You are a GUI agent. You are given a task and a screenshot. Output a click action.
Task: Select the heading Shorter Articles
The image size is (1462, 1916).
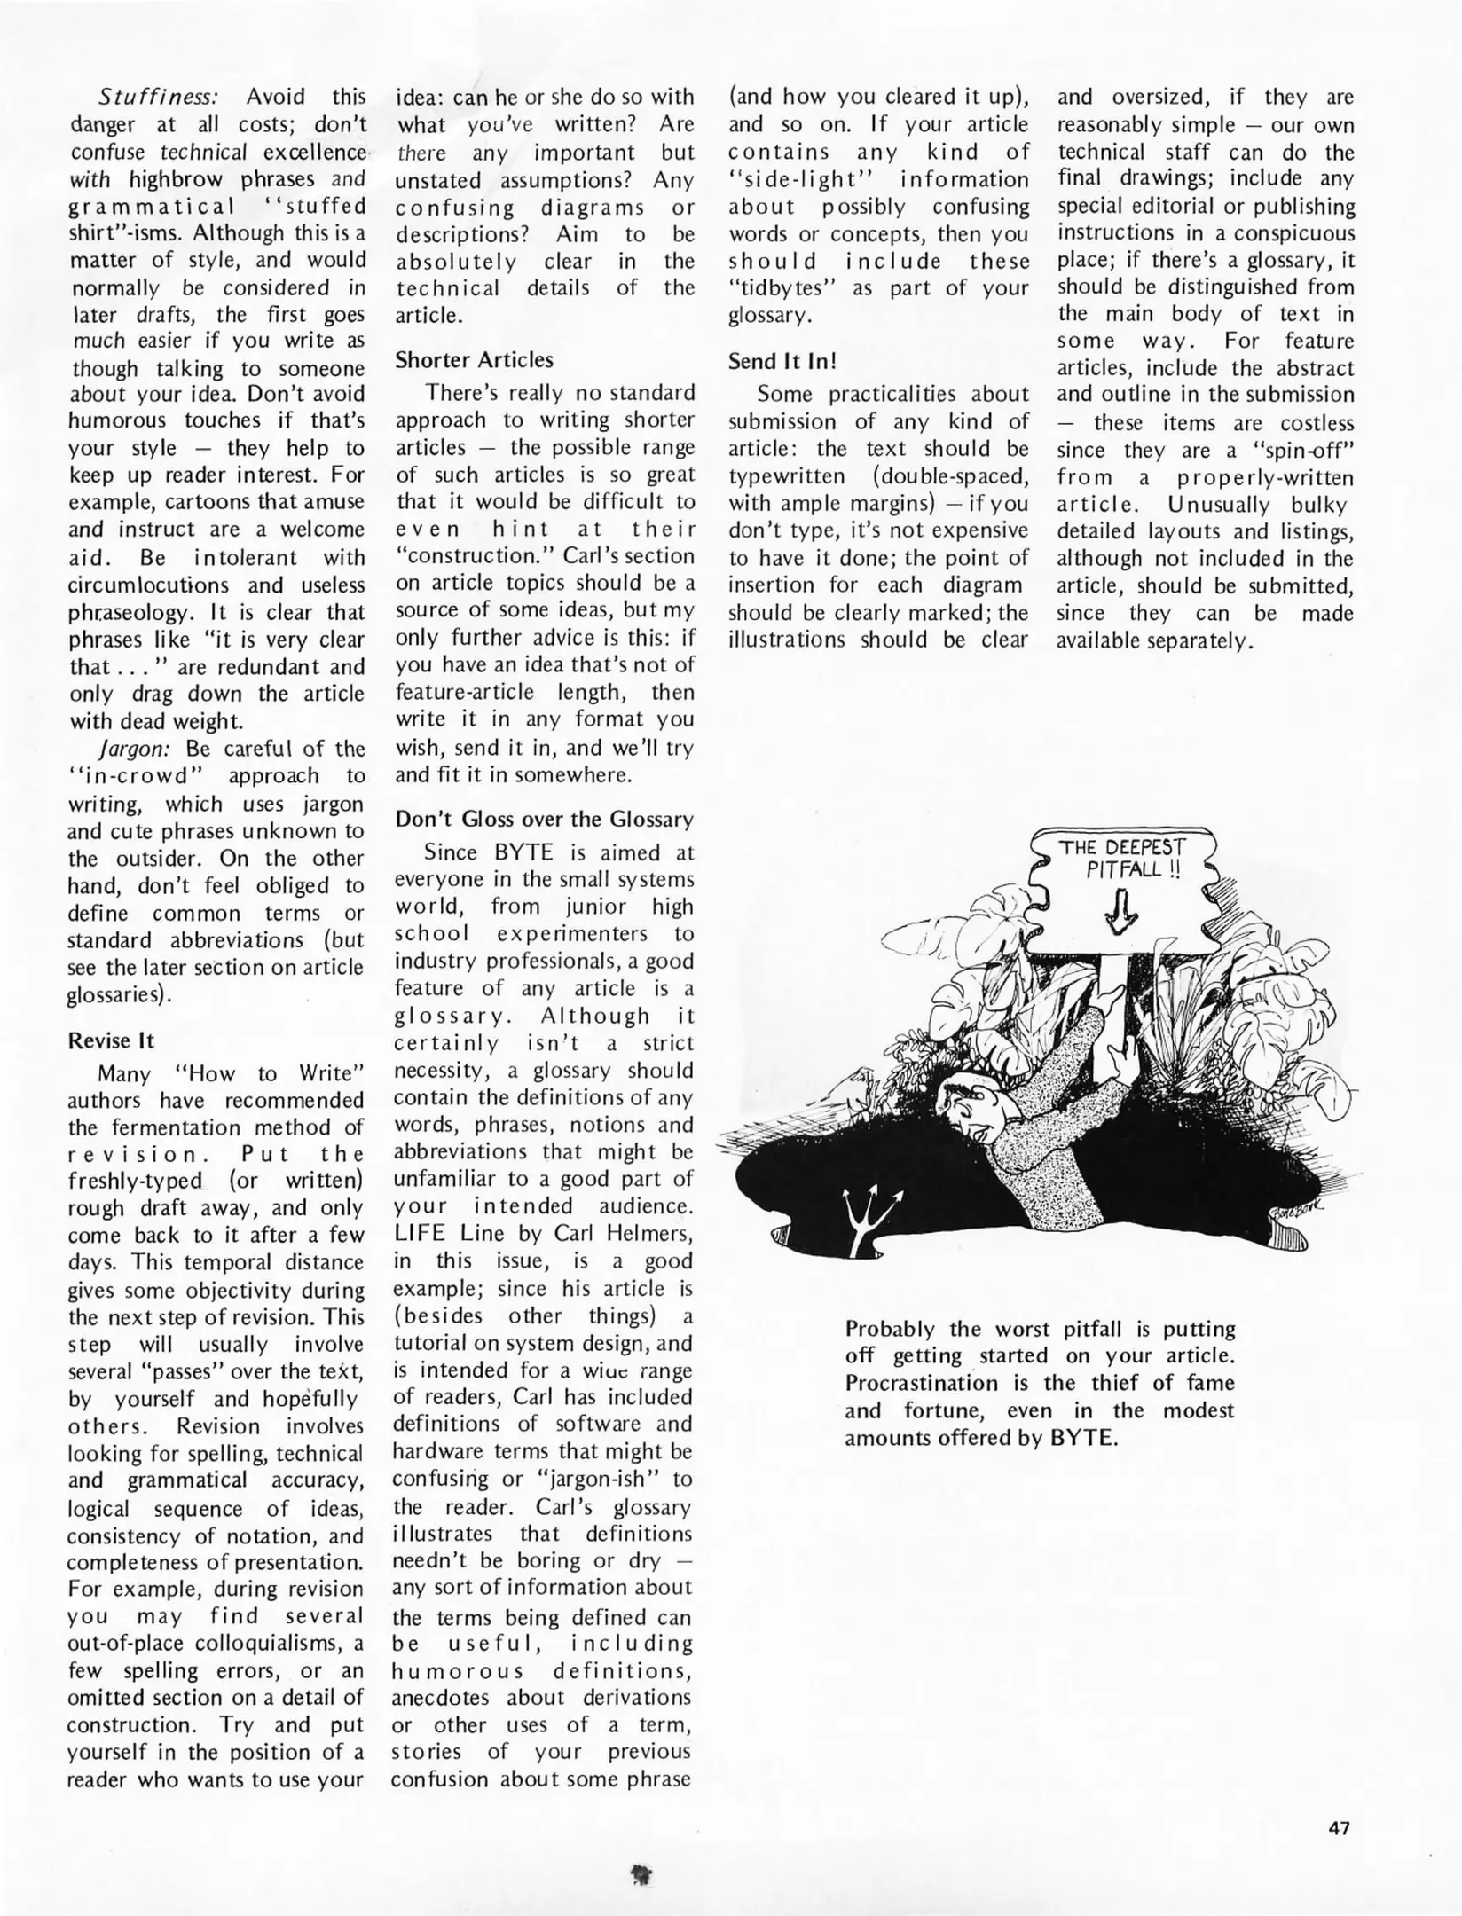[474, 359]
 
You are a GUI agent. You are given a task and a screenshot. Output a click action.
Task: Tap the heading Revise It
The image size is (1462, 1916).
[111, 1040]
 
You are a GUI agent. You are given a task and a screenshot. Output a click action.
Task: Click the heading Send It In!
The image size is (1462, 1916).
[782, 361]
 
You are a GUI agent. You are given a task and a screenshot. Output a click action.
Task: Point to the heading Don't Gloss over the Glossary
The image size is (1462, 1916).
[544, 819]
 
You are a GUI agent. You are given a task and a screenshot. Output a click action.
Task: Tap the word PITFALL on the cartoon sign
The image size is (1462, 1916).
[1123, 869]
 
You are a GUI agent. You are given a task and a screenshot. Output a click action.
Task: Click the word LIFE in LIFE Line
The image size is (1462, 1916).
[421, 1234]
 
